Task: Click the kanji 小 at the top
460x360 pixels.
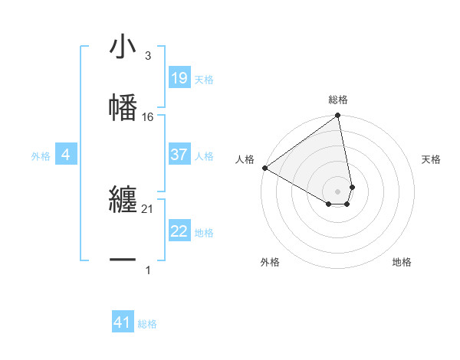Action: [x=123, y=48]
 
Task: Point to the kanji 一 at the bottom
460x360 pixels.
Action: [x=123, y=260]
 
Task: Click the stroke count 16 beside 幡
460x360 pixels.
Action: [x=148, y=116]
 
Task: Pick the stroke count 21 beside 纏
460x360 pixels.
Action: [x=148, y=208]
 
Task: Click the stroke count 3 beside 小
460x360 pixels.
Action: [x=148, y=56]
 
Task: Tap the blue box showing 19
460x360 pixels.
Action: [x=179, y=78]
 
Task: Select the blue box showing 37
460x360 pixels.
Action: [x=179, y=155]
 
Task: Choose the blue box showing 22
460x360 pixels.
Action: [x=179, y=232]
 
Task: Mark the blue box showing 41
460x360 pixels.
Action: [x=123, y=323]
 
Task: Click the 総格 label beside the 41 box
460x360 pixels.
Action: [x=147, y=324]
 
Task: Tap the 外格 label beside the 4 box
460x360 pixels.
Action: [x=41, y=156]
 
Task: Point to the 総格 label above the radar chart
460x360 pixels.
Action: [x=338, y=100]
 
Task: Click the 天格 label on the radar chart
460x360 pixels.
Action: [x=432, y=159]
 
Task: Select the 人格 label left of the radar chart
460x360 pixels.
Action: [x=245, y=159]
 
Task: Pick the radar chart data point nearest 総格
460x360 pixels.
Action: [x=338, y=116]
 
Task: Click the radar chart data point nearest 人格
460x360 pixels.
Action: [x=264, y=168]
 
